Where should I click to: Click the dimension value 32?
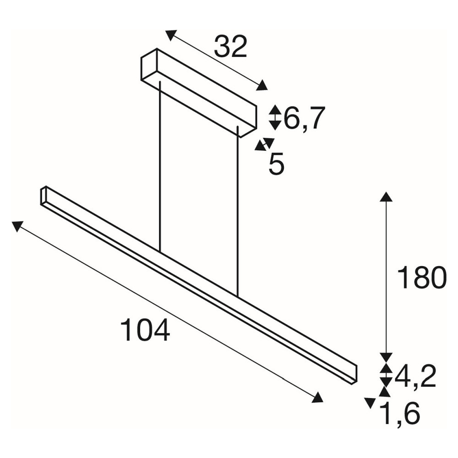pyautogui.click(x=230, y=46)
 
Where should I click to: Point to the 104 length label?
pyautogui.click(x=145, y=330)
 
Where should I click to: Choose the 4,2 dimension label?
pyautogui.click(x=415, y=376)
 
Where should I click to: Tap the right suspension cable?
pyautogui.click(x=238, y=212)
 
